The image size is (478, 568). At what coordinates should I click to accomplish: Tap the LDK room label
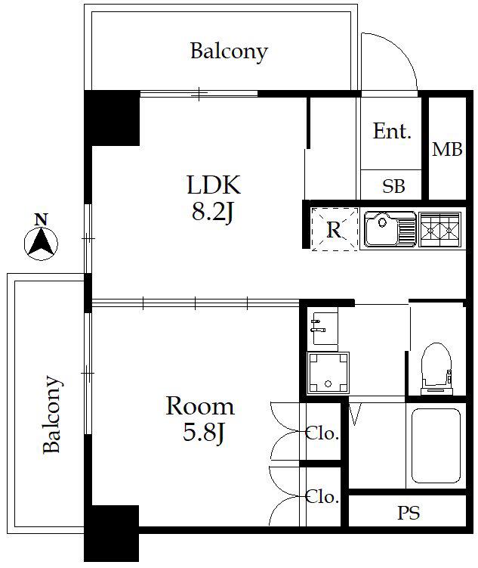(x=214, y=185)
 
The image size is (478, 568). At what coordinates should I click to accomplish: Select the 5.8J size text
(x=205, y=433)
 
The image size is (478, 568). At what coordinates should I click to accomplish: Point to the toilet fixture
(x=436, y=369)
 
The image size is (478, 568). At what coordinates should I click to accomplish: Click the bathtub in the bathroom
(x=436, y=446)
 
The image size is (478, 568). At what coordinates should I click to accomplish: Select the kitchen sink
(x=390, y=229)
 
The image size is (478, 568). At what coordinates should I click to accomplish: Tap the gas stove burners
(x=439, y=229)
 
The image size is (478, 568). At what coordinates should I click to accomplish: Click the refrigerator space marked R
(x=334, y=229)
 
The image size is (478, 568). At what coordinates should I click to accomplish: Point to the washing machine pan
(x=328, y=373)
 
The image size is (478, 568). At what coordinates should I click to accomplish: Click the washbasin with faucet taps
(x=325, y=327)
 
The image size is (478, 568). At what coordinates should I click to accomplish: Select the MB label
(x=447, y=149)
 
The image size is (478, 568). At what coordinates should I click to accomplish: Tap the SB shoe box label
(x=393, y=186)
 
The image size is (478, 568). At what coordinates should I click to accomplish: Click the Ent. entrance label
(x=393, y=131)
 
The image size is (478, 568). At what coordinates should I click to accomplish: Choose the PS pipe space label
(x=409, y=513)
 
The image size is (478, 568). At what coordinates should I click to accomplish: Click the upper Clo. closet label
(x=322, y=433)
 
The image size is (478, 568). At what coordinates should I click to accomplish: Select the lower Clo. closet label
(x=322, y=497)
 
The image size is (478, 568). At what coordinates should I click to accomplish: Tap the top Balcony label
(x=230, y=51)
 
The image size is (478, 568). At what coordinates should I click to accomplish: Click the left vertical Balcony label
(x=51, y=414)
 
